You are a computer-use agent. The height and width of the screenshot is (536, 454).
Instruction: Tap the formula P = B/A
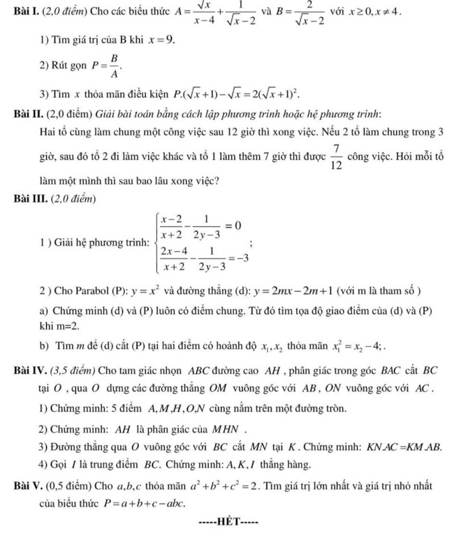103,68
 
